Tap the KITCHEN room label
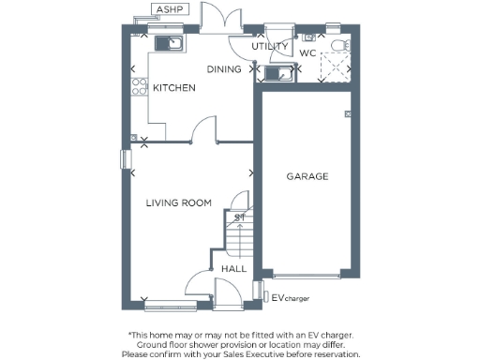coord(174,88)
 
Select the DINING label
coord(224,69)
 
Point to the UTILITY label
coord(269,46)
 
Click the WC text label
coord(307,53)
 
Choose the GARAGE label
coord(307,176)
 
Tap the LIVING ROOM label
coord(178,202)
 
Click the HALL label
coord(234,269)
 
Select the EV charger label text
coord(291,298)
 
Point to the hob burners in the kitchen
coord(138,88)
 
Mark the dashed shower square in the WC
coord(335,67)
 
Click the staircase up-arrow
coord(240,217)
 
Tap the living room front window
coord(165,302)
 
